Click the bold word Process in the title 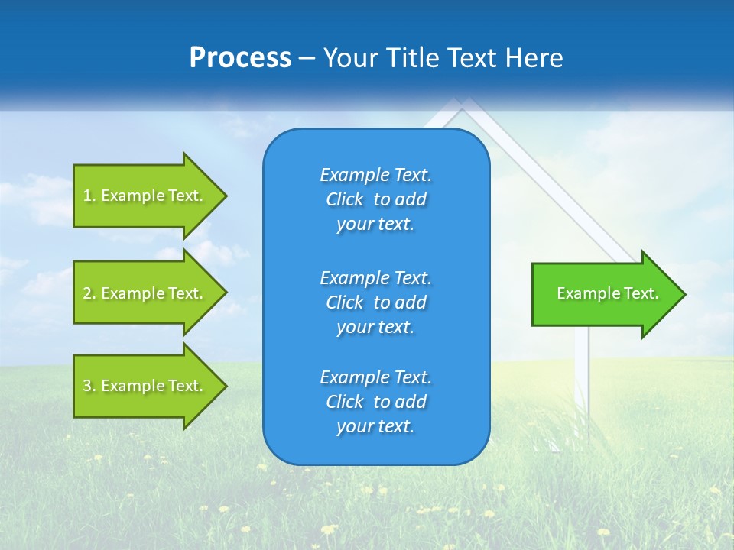coord(240,58)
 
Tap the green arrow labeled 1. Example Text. coord(145,196)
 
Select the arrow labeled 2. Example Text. coord(145,293)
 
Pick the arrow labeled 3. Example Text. coord(145,386)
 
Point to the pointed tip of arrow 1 coord(226,196)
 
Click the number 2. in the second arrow coord(89,293)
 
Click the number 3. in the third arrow coord(89,386)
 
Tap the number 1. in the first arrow coord(89,196)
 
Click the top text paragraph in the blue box coord(375,199)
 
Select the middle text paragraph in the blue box coord(375,302)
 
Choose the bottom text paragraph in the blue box coord(375,402)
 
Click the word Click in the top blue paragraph coord(345,199)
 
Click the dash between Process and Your coord(307,59)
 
